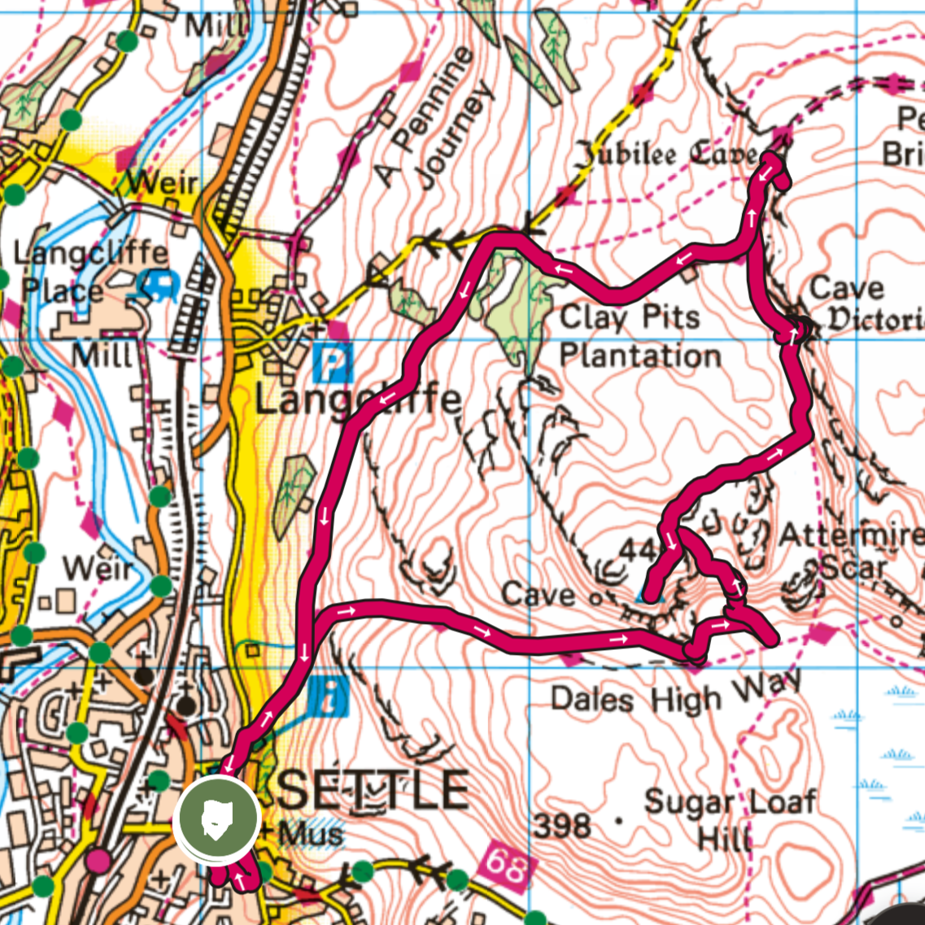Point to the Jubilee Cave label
(666, 154)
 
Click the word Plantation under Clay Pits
(640, 356)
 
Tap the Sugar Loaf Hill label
(729, 818)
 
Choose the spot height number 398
(562, 826)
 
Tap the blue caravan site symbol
(159, 284)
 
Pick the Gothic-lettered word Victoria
(875, 320)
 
